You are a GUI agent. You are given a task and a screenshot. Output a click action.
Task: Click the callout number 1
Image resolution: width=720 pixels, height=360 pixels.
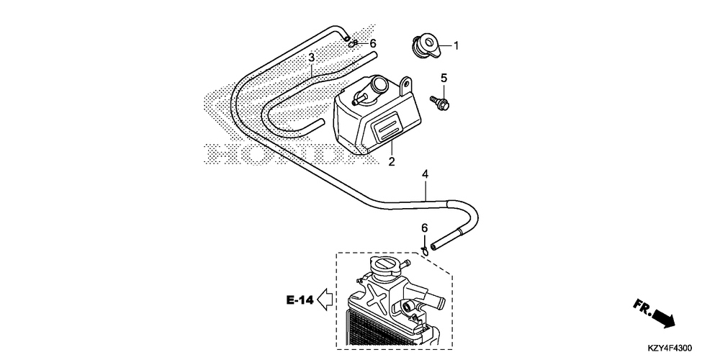[456, 45]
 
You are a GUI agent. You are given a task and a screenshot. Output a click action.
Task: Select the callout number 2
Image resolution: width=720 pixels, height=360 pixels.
[391, 161]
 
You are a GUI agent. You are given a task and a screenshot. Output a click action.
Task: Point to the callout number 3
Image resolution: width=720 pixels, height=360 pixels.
[311, 58]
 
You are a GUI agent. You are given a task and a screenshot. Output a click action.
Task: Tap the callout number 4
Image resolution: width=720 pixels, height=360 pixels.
[426, 174]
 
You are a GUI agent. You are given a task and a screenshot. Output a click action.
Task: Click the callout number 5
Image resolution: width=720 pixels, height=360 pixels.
[444, 78]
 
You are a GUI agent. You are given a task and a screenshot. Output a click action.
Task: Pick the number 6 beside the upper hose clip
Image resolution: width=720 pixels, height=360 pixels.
[373, 44]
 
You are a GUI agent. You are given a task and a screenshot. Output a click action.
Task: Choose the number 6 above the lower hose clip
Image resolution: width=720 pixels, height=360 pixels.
[425, 228]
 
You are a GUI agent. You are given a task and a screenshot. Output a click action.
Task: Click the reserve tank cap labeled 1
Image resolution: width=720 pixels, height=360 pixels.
[425, 45]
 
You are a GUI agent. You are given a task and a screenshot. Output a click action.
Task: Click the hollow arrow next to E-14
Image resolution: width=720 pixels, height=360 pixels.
[325, 300]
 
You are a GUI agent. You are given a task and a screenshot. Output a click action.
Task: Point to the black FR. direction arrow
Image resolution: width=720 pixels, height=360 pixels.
[664, 318]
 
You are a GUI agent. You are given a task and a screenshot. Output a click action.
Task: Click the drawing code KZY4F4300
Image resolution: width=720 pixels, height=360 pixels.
[670, 348]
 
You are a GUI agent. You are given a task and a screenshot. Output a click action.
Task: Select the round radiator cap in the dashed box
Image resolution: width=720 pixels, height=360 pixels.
[384, 267]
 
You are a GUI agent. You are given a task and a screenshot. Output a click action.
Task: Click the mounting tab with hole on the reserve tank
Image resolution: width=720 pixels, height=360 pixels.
[405, 86]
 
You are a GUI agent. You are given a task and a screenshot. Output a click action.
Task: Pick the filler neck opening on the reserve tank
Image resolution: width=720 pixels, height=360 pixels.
[380, 84]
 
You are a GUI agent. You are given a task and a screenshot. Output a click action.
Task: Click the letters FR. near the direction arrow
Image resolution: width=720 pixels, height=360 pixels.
[642, 307]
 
